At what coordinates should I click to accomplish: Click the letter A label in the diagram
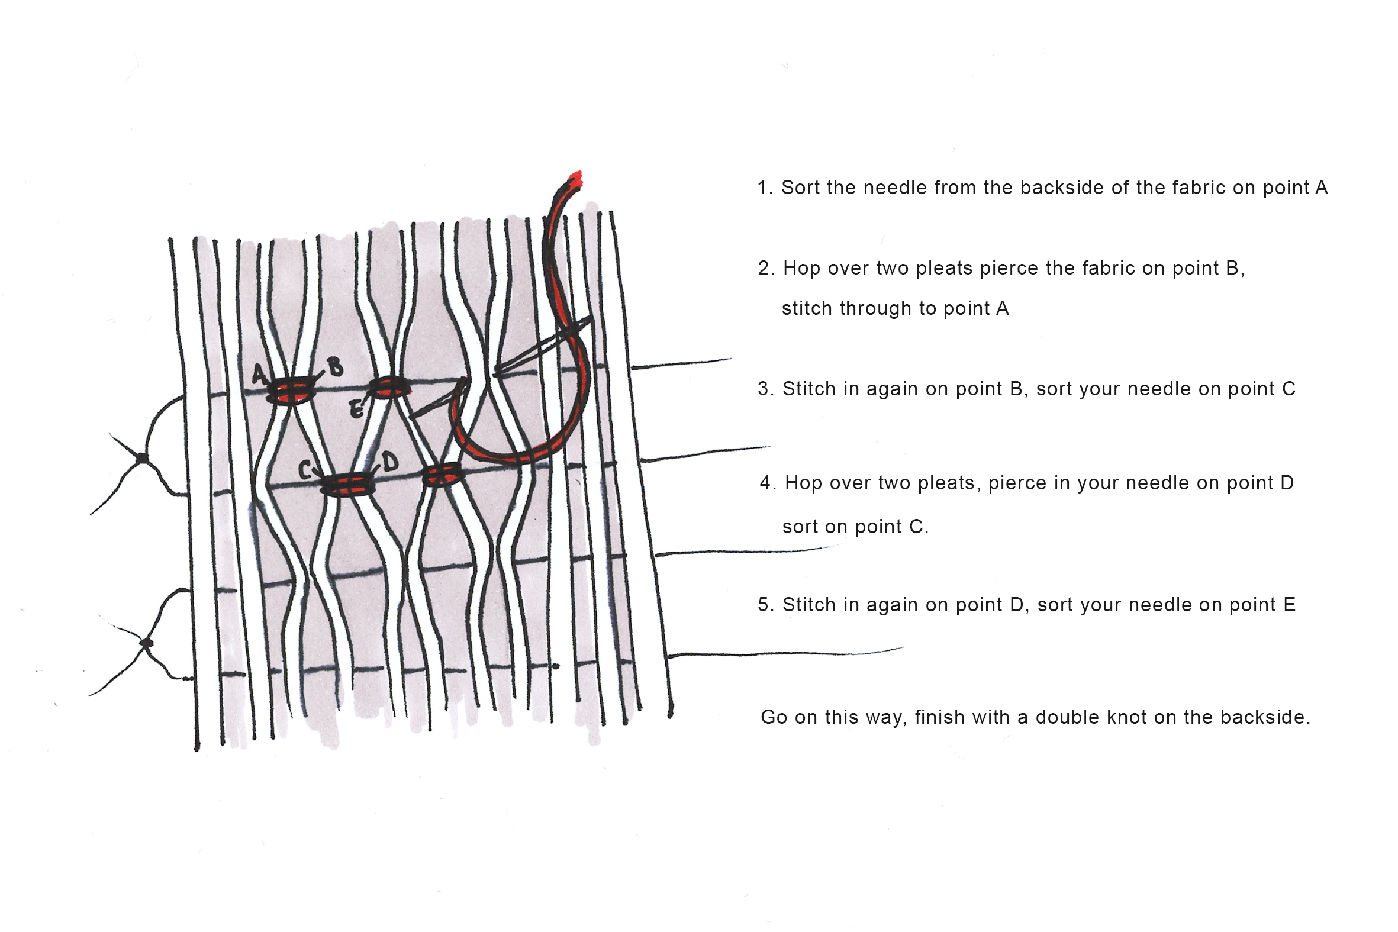259,374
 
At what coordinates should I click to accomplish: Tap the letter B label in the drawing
335,367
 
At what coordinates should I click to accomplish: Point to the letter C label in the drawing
305,470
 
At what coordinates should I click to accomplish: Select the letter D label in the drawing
390,461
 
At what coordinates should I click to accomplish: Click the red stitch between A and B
291,390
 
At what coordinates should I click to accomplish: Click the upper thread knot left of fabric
142,458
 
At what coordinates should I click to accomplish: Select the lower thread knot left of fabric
147,643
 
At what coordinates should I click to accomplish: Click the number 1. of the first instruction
764,188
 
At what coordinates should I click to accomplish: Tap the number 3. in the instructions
765,389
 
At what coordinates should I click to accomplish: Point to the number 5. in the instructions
765,605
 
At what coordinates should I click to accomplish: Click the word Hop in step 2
801,268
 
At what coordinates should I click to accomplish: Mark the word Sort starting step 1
800,188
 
